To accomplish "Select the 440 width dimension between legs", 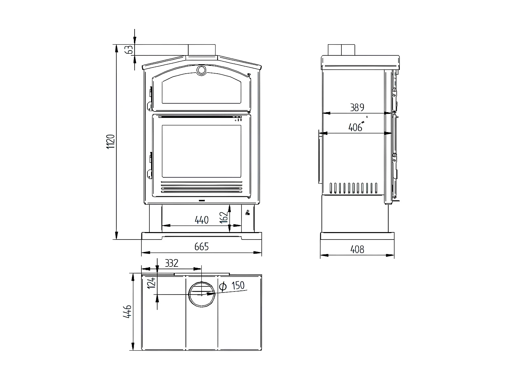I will [202, 220].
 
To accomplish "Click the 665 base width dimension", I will [202, 247].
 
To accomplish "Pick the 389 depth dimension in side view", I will [357, 108].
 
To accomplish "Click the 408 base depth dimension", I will [357, 249].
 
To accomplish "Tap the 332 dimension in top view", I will [171, 263].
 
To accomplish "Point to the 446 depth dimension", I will [127, 312].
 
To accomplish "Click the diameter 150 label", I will [232, 286].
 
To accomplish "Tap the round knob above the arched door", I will [201, 70].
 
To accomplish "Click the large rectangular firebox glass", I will [201, 151].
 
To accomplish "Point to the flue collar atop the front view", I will [202, 49].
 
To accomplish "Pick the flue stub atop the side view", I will [341, 50].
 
